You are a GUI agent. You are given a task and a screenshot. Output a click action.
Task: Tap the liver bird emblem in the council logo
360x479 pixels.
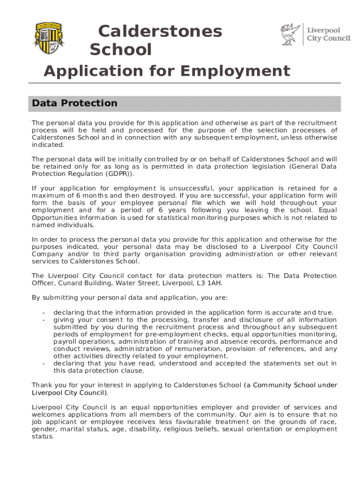coord(290,35)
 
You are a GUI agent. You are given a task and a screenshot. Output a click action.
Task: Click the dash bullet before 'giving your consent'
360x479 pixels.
coord(43,320)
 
